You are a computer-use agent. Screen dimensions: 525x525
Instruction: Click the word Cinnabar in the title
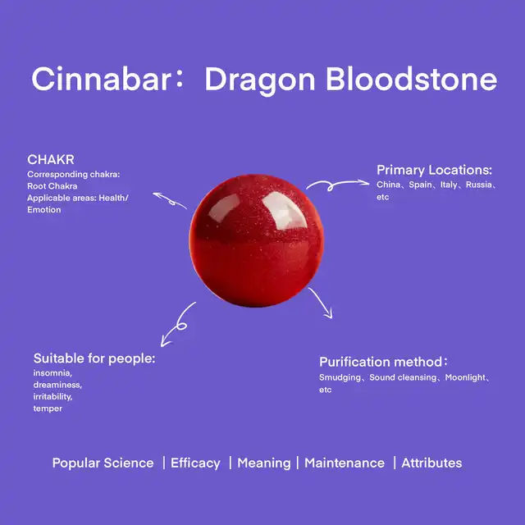(102, 79)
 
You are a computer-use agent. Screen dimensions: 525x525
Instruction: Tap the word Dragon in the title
(260, 81)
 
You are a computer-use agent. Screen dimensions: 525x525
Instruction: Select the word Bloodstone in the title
(412, 79)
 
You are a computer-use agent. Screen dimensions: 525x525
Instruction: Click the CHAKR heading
(51, 160)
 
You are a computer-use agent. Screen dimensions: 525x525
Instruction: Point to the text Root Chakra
(52, 186)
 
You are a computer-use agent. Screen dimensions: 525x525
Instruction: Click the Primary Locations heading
(434, 170)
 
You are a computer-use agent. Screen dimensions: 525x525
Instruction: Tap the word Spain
(420, 185)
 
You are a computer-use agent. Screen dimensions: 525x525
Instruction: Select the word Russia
(479, 185)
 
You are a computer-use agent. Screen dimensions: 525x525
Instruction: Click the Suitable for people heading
(94, 358)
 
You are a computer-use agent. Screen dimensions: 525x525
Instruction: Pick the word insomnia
(52, 373)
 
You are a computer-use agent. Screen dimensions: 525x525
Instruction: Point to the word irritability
(52, 397)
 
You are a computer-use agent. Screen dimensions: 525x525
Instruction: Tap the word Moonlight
(465, 377)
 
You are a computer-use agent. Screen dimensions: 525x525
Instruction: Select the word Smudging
(340, 377)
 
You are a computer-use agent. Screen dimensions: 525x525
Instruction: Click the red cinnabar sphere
(257, 240)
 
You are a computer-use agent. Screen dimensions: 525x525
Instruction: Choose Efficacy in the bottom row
(195, 463)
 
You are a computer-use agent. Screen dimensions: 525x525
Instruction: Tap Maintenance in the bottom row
(345, 463)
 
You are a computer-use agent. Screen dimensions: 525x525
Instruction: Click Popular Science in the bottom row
(103, 463)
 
